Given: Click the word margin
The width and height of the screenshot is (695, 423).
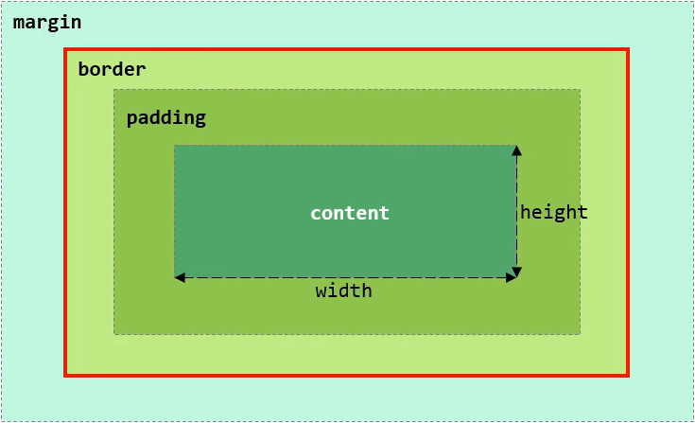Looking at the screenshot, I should click(x=47, y=22).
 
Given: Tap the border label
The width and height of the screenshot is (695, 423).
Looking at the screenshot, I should click(x=112, y=69).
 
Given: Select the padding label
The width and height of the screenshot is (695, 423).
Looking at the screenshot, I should click(x=165, y=118).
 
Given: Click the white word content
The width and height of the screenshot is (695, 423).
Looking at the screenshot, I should click(x=349, y=213).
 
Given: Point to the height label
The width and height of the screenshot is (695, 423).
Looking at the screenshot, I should click(x=554, y=212).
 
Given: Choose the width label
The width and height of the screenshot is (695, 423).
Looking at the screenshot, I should click(x=343, y=291).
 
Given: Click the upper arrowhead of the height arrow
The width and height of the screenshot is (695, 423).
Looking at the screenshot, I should click(x=516, y=150).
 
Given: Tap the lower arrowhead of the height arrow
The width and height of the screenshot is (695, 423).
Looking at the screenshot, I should click(x=516, y=273).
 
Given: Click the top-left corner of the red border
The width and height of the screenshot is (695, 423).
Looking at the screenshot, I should click(x=65, y=49).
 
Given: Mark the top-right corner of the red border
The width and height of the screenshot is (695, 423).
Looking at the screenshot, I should click(x=627, y=49).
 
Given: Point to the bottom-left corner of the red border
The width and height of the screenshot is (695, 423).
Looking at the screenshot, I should click(x=65, y=375).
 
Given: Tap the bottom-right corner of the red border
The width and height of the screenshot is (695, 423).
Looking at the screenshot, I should click(x=627, y=375).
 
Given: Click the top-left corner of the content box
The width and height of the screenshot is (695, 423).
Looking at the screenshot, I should click(x=175, y=146).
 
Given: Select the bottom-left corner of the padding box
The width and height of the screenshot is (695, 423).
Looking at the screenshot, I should click(x=114, y=333).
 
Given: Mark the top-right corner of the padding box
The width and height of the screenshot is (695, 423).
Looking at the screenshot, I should click(x=579, y=91).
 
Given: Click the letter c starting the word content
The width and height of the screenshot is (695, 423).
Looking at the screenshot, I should click(x=316, y=213).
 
